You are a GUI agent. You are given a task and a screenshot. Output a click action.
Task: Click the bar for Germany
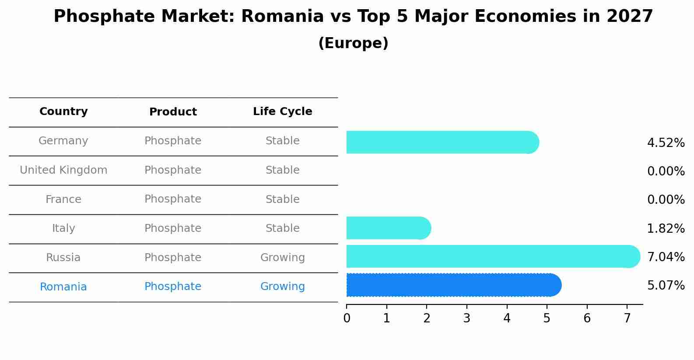pos(442,142)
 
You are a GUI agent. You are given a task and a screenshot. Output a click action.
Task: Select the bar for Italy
pos(388,228)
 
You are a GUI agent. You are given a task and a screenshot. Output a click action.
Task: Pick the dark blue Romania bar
pos(453,285)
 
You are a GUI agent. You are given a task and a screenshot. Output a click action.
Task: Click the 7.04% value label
pos(666,257)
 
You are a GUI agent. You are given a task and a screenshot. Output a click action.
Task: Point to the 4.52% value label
pos(666,143)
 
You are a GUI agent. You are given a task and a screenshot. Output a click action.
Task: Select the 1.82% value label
pos(666,228)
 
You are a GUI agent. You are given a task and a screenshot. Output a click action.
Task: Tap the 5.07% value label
pos(666,286)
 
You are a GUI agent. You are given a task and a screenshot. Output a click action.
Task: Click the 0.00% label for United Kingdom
pos(666,171)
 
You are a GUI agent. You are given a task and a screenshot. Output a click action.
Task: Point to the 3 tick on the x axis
pos(467,318)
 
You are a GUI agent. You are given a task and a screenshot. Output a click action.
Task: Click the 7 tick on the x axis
pos(627,318)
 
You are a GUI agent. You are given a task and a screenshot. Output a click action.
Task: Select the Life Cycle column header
pos(283,112)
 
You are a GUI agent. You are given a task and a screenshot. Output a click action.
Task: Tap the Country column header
pos(63,112)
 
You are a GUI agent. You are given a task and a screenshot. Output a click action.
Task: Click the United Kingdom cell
pos(63,170)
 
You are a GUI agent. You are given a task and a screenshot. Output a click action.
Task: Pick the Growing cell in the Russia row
pos(283,258)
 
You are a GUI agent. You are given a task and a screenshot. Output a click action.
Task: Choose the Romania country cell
pos(63,287)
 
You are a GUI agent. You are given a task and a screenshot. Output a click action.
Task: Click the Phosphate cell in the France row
pos(173,199)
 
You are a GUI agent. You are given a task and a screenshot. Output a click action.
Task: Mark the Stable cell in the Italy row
pos(283,228)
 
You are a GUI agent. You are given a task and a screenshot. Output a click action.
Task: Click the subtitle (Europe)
pos(353,43)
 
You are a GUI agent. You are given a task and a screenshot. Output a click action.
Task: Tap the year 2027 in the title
pos(630,17)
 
